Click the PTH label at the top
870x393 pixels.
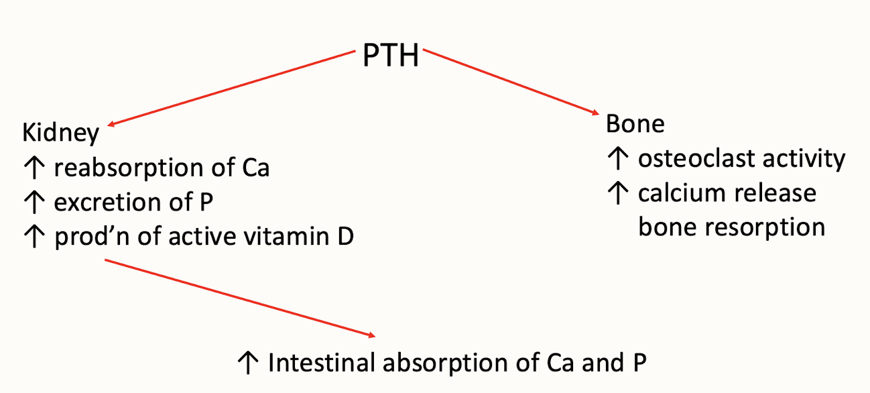391,56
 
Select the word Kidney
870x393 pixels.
61,133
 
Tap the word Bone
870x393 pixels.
635,124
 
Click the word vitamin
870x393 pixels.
284,237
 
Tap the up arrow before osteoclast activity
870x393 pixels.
615,159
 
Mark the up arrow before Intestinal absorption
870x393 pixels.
247,363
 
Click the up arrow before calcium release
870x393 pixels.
615,193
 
